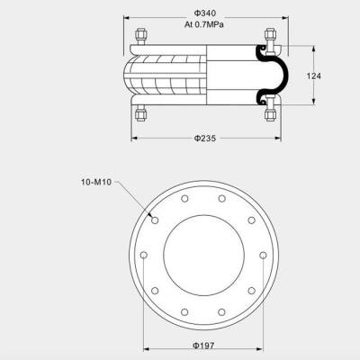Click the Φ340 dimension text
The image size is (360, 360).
tap(205, 14)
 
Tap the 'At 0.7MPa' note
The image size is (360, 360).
tap(205, 24)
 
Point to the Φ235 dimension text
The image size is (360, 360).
tap(205, 138)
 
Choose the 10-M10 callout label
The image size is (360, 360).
tap(94, 182)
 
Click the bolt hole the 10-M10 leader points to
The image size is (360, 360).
tap(155, 220)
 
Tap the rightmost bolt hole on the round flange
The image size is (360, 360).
tap(262, 256)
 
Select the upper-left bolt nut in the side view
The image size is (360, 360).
tap(142, 38)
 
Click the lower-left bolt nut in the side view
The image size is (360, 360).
tap(142, 113)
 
